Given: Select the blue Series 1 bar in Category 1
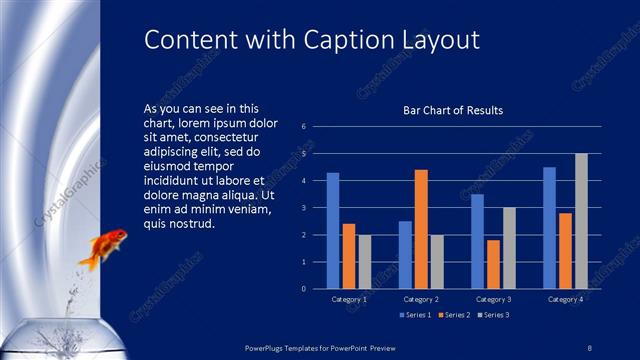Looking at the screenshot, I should click(x=333, y=230).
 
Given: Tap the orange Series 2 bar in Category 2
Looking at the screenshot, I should click(x=421, y=229).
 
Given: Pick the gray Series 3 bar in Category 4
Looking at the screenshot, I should click(x=581, y=221).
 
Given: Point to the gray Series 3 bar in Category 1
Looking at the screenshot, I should click(x=364, y=261).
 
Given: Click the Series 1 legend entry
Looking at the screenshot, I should click(x=417, y=316).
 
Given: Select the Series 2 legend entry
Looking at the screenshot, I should click(x=455, y=316).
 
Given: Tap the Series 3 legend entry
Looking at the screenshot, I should click(x=493, y=316).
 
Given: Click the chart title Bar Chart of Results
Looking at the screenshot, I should click(x=452, y=110).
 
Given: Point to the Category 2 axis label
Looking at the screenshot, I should click(x=421, y=299).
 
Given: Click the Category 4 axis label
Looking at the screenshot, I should click(x=565, y=299).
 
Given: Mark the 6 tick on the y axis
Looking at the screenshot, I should click(x=304, y=127).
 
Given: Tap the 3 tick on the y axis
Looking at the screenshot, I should click(x=304, y=208).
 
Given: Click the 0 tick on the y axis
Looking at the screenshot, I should click(x=304, y=289).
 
